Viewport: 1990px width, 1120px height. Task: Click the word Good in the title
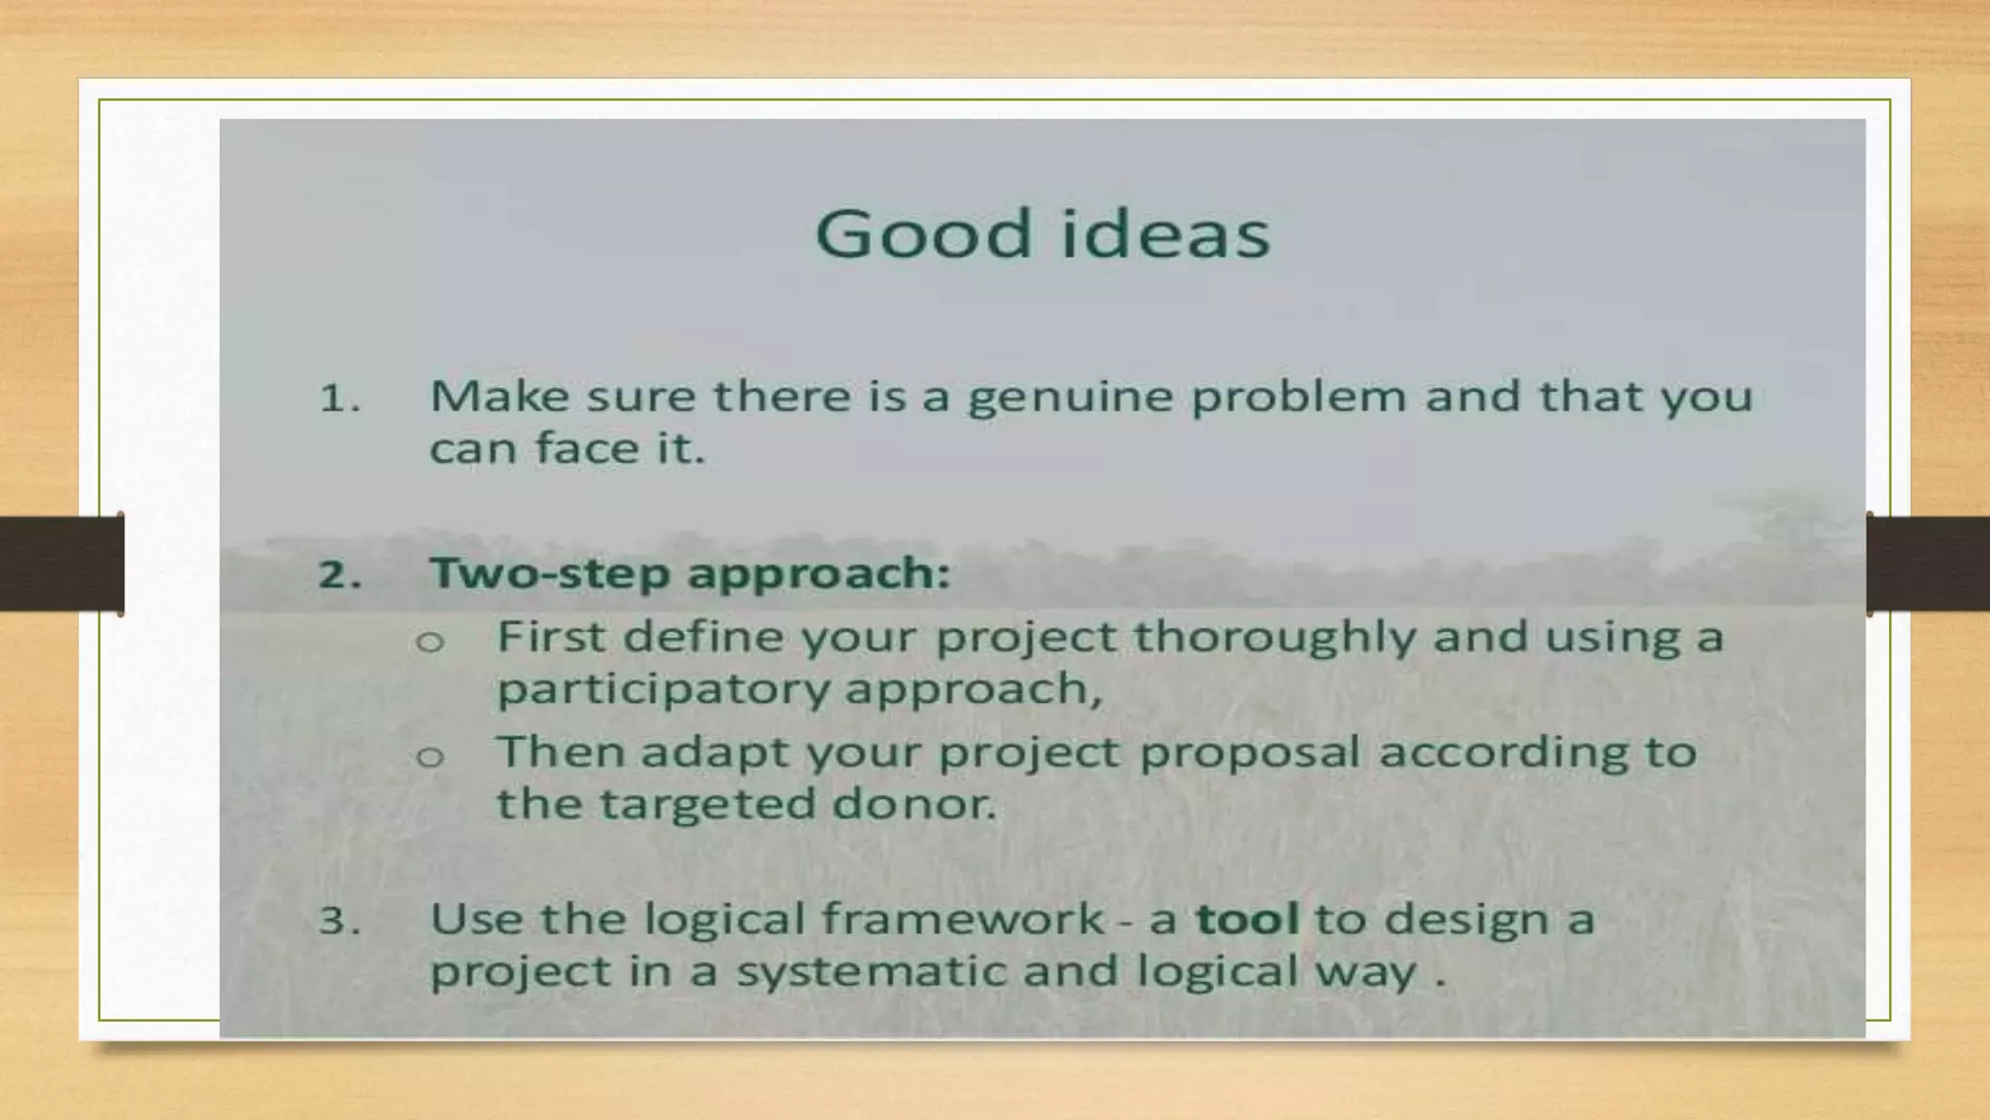[922, 233]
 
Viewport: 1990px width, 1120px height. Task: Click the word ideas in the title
[1165, 233]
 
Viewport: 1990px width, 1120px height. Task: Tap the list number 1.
[339, 399]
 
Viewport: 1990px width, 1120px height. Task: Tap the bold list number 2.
[339, 575]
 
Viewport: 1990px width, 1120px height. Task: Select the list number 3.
[339, 920]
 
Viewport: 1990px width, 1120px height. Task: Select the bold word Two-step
[550, 573]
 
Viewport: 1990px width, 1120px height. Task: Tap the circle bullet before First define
[429, 642]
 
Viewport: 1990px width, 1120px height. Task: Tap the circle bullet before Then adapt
[429, 756]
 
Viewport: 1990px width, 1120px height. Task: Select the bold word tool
[1247, 919]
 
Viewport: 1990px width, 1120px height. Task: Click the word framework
[963, 919]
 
